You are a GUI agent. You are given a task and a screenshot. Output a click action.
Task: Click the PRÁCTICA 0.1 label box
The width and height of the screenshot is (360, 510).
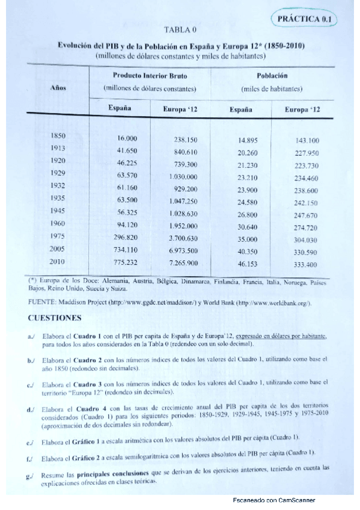[307, 20]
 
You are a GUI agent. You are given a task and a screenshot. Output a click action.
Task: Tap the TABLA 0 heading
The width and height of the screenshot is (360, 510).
[180, 29]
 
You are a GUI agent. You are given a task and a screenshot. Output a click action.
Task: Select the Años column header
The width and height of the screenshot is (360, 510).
[58, 88]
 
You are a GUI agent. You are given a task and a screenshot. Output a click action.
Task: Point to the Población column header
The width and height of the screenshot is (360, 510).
[272, 76]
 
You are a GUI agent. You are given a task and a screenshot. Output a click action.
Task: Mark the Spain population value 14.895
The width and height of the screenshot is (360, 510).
[248, 140]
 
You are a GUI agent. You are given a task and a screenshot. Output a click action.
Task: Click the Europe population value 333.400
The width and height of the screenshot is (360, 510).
[305, 264]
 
